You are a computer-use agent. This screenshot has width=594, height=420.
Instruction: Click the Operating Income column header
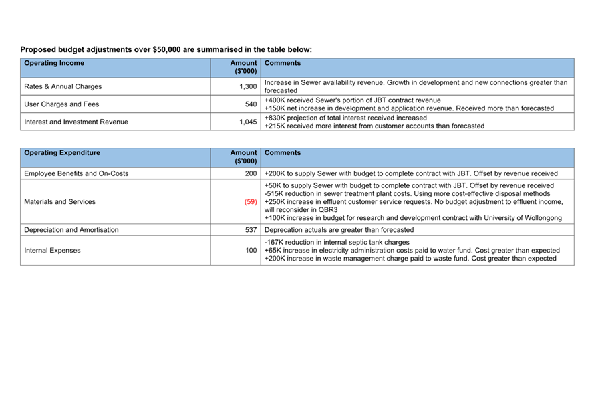tap(54, 63)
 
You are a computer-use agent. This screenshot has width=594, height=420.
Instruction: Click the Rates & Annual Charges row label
tap(63, 86)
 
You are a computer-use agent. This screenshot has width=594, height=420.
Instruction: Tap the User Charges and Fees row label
tap(61, 104)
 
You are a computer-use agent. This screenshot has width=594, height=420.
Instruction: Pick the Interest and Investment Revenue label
tap(76, 122)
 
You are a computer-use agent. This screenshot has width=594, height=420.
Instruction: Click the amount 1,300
tap(248, 86)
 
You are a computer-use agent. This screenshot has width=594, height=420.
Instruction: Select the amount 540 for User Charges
tap(251, 104)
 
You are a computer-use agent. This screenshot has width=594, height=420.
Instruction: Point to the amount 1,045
tap(248, 122)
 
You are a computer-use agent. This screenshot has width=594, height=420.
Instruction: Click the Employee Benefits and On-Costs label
tap(76, 173)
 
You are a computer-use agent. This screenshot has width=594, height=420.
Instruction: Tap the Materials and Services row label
tap(59, 201)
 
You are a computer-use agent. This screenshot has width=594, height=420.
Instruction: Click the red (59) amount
tap(250, 201)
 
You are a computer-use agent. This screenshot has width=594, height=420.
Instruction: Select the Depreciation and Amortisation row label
tap(71, 230)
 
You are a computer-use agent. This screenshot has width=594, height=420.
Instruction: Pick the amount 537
tap(251, 230)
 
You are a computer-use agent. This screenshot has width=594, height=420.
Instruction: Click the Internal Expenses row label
tap(52, 250)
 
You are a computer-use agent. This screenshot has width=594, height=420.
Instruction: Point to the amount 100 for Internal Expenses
tap(251, 250)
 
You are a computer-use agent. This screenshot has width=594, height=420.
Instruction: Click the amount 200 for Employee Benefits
tap(251, 173)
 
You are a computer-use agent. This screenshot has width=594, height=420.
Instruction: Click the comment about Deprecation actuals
tap(339, 230)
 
